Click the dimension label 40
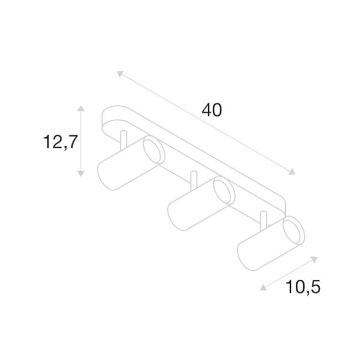[212, 110]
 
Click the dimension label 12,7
[59, 142]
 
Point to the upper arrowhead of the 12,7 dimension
[81, 108]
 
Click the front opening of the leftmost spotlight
[152, 152]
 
